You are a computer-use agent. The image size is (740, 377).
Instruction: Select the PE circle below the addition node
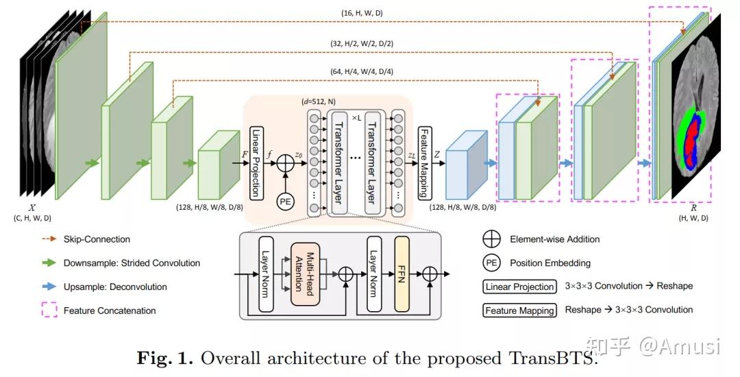[285, 202]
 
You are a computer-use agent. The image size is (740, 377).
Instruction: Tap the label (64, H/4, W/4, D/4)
[362, 71]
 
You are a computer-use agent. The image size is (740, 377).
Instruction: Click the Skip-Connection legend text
[97, 239]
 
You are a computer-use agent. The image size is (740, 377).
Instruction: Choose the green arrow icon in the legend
[47, 263]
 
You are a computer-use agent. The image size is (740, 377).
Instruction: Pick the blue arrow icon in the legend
[47, 287]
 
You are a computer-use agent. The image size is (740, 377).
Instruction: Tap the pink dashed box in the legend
[47, 311]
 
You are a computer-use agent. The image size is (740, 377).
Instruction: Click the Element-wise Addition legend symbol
[491, 240]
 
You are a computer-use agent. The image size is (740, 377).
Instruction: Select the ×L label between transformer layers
[356, 117]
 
